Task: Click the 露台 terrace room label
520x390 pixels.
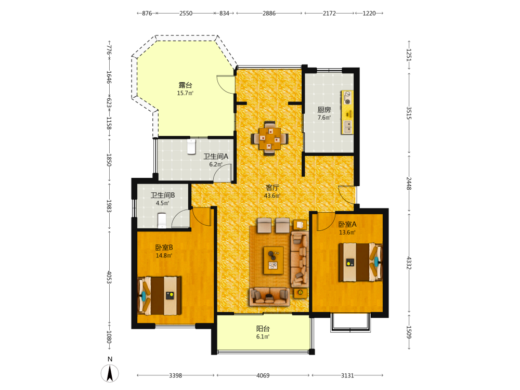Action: pyautogui.click(x=186, y=85)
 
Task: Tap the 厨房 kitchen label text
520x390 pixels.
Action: pyautogui.click(x=324, y=110)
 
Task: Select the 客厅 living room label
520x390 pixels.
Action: pyautogui.click(x=272, y=188)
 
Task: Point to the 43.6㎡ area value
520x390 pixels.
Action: pyautogui.click(x=272, y=196)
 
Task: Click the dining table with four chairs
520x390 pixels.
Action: pyautogui.click(x=269, y=138)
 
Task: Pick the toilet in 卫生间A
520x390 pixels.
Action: pyautogui.click(x=191, y=147)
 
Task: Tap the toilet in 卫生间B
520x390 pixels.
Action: pyautogui.click(x=162, y=221)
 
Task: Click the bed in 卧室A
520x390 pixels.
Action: pyautogui.click(x=360, y=263)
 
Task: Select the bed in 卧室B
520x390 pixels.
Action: pyautogui.click(x=160, y=295)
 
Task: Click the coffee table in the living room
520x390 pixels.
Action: pyautogui.click(x=274, y=261)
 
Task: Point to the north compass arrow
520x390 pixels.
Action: pyautogui.click(x=110, y=373)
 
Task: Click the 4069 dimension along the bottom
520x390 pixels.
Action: pyautogui.click(x=263, y=375)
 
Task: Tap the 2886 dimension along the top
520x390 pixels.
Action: pyautogui.click(x=269, y=14)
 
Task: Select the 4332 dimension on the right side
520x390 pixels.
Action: pyautogui.click(x=409, y=263)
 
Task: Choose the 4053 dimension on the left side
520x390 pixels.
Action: pyautogui.click(x=109, y=277)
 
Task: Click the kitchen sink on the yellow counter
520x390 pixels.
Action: pyautogui.click(x=347, y=127)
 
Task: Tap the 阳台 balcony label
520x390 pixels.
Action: pyautogui.click(x=263, y=329)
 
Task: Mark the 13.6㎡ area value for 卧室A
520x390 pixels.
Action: pyautogui.click(x=347, y=232)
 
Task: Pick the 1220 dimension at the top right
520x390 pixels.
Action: pyautogui.click(x=369, y=14)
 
